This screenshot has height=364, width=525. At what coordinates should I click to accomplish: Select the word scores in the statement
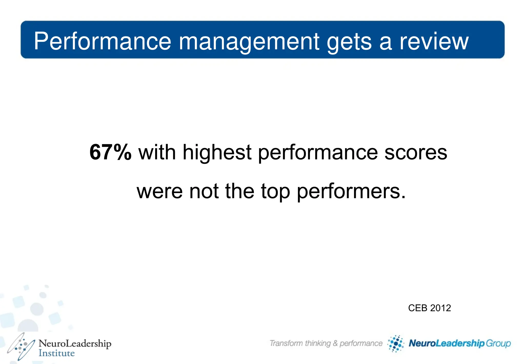[416, 152]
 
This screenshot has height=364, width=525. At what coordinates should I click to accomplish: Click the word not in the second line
[204, 191]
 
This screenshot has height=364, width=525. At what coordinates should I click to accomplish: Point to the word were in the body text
[159, 192]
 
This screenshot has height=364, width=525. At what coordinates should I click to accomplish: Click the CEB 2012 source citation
[429, 308]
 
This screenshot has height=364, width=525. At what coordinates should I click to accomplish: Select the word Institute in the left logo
[57, 353]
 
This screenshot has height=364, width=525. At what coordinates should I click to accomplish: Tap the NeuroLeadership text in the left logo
[75, 343]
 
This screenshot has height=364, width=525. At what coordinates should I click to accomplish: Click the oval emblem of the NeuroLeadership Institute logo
[21, 347]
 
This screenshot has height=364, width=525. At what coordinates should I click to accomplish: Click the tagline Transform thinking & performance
[326, 343]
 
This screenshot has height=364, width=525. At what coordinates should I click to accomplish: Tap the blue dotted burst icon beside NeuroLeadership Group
[396, 343]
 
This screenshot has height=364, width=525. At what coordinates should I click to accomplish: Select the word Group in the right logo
[498, 343]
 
